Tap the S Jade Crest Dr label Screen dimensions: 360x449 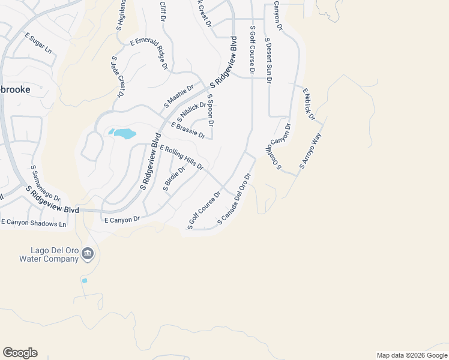[x=117, y=77]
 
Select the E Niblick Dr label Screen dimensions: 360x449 [x=309, y=104]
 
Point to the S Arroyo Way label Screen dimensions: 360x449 [x=311, y=152]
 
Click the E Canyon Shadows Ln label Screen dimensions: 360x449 [x=34, y=223]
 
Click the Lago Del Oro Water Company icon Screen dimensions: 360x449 [x=88, y=254]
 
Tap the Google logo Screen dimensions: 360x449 [x=20, y=353]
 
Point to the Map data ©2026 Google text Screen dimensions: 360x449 [x=411, y=355]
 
